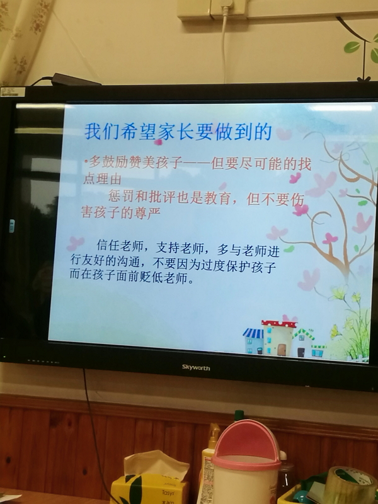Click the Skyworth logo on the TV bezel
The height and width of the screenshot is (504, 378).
click(x=196, y=367)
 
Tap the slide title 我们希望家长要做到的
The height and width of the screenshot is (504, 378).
click(x=178, y=132)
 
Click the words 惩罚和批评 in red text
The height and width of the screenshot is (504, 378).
click(x=142, y=196)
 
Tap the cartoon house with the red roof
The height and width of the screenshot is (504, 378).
click(x=278, y=338)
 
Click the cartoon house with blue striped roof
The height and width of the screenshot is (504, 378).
click(x=253, y=341)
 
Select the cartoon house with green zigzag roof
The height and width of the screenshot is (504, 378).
click(x=303, y=343)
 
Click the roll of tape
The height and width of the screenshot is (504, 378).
click(x=350, y=486)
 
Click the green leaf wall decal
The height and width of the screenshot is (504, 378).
click(x=353, y=47)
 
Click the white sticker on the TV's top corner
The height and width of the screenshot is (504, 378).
click(x=13, y=92)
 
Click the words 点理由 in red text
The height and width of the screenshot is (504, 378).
click(x=103, y=180)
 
